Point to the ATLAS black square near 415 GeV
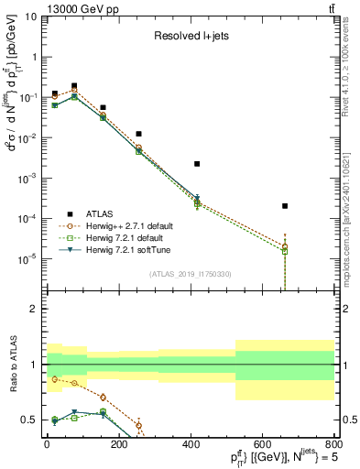pyautogui.click(x=197, y=164)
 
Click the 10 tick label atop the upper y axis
pyautogui.click(x=29, y=16)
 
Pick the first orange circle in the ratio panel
pyautogui.click(x=55, y=378)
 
